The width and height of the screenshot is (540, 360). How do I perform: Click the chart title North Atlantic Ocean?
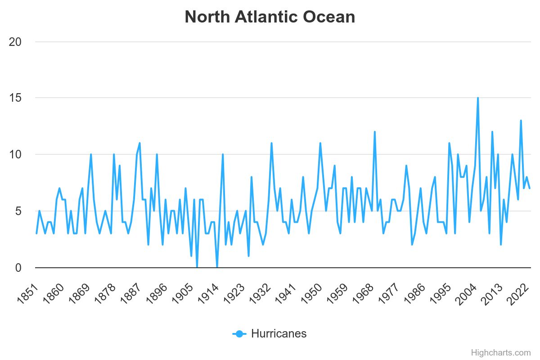tap(270, 17)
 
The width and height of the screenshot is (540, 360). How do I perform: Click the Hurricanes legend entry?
tap(270, 334)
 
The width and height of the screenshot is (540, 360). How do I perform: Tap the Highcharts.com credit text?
tap(500, 353)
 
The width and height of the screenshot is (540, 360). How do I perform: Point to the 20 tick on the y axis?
tap(16, 42)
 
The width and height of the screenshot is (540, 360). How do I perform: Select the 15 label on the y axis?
tap(16, 98)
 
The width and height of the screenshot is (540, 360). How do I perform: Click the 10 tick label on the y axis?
tap(16, 155)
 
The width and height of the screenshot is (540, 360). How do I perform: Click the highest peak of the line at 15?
tap(478, 98)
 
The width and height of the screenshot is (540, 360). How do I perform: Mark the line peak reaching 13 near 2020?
tap(521, 121)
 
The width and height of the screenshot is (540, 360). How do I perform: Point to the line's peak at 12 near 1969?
tap(374, 132)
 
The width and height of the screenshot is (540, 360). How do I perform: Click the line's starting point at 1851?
tap(36, 234)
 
